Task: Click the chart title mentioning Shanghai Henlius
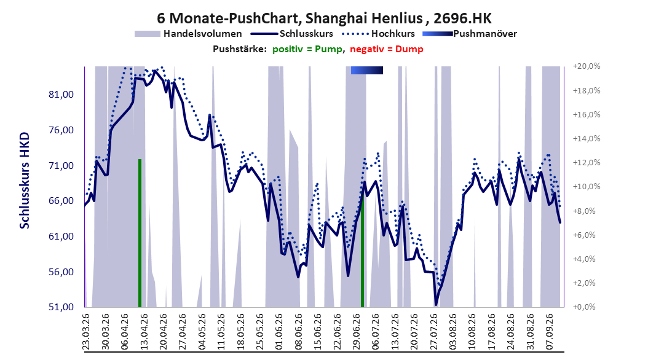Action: (324, 18)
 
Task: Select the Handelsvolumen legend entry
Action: (189, 34)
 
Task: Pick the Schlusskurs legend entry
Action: (292, 34)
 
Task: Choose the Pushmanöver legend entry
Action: (470, 34)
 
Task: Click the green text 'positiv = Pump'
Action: (307, 49)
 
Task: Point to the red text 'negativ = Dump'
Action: (387, 49)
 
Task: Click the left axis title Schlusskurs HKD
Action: (25, 181)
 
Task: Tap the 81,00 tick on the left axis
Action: (61, 95)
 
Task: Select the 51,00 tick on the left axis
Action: (61, 307)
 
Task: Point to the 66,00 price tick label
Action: (61, 201)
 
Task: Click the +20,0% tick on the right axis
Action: (587, 66)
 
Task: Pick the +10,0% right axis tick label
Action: (587, 187)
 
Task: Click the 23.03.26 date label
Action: (86, 332)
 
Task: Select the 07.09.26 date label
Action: (549, 332)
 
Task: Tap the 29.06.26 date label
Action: (356, 332)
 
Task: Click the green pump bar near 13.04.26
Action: (140, 233)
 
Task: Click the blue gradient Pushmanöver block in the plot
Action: (367, 71)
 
